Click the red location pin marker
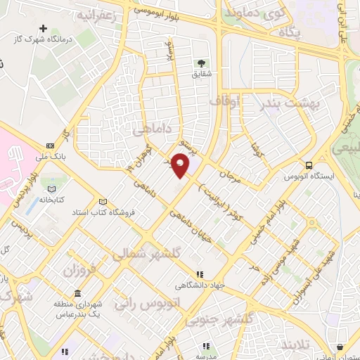[181, 165]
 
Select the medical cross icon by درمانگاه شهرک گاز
[44, 29]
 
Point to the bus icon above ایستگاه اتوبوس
[309, 165]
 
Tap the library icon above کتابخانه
[50, 188]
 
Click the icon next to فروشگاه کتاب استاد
[103, 201]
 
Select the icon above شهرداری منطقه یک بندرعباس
[76, 291]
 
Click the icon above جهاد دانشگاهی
[199, 274]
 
